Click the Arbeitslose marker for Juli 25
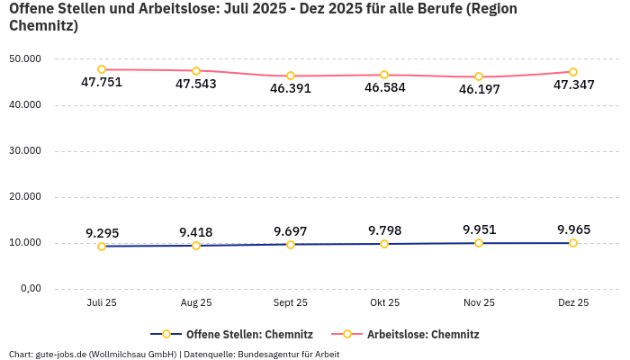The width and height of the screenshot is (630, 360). (102, 69)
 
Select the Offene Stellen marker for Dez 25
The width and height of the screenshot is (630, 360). (573, 243)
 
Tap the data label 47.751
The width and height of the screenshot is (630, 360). (102, 83)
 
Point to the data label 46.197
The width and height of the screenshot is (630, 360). (479, 89)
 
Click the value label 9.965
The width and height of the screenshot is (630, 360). (573, 229)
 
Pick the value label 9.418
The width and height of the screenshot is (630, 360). (196, 232)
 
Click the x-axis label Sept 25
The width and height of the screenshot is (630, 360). (291, 303)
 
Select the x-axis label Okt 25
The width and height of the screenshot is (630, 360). (384, 303)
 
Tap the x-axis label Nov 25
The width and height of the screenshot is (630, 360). (479, 303)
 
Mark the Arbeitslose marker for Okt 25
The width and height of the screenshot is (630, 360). (384, 75)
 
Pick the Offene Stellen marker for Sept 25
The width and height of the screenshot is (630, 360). (291, 245)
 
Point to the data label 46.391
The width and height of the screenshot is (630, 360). (291, 89)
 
